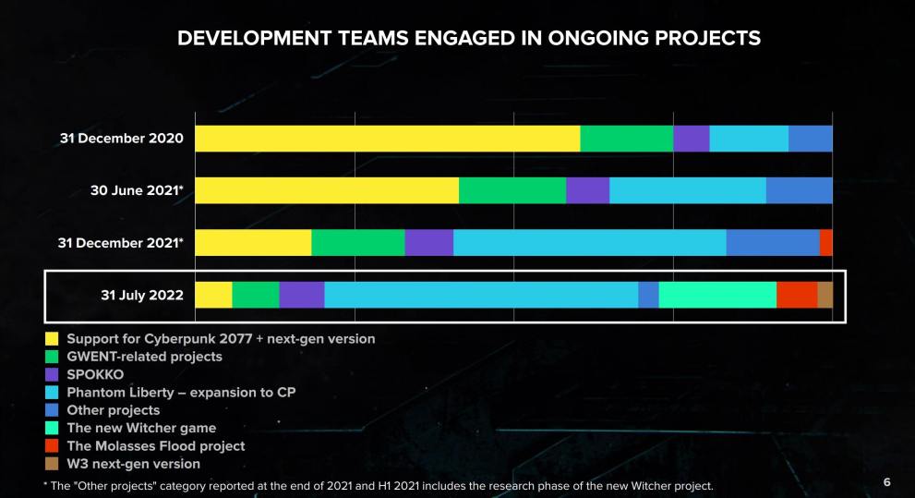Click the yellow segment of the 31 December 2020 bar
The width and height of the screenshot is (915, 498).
tap(387, 139)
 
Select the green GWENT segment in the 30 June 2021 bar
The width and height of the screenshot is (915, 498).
tap(512, 190)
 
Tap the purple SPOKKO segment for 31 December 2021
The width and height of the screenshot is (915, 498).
tap(428, 243)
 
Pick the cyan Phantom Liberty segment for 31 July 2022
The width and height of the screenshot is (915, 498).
tap(481, 295)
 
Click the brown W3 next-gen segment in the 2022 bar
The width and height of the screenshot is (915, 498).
tap(825, 295)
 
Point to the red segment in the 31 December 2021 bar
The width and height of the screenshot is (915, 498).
tap(825, 243)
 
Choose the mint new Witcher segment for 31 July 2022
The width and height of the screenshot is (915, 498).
tap(717, 295)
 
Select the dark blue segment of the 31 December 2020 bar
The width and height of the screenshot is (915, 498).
tap(810, 139)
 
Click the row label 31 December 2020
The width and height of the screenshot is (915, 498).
tap(121, 139)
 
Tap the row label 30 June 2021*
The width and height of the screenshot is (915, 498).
tap(137, 190)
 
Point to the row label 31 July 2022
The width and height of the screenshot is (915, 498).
tap(142, 296)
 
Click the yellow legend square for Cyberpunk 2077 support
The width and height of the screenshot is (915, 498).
tap(53, 339)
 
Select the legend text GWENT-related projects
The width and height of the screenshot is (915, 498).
tap(144, 357)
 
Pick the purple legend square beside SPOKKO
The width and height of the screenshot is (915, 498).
tap(53, 374)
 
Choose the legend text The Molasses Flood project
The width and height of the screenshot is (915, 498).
tap(156, 445)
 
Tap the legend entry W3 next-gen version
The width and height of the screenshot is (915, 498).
tap(133, 464)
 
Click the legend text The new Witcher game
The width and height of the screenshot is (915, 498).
tap(141, 428)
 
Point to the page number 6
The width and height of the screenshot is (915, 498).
tap(887, 482)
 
